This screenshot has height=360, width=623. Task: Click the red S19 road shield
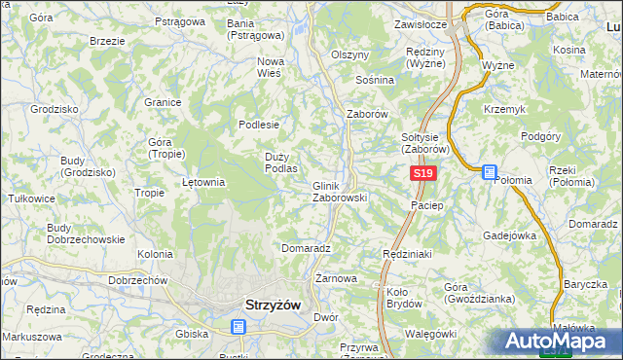pyautogui.click(x=421, y=173)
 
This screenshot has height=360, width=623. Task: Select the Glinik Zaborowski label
pyautogui.click(x=339, y=191)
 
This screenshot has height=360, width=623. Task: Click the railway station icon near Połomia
pyautogui.click(x=490, y=171)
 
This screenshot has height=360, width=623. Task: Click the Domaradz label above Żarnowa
pyautogui.click(x=306, y=248)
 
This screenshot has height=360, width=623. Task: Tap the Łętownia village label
pyautogui.click(x=204, y=182)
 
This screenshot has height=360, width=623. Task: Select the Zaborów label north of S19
pyautogui.click(x=368, y=114)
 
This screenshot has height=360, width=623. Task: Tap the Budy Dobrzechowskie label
pyautogui.click(x=86, y=234)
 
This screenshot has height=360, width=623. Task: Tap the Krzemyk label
pyautogui.click(x=504, y=109)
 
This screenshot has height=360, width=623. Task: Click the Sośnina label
pyautogui.click(x=375, y=80)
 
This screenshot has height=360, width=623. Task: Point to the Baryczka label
pyautogui.click(x=584, y=284)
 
